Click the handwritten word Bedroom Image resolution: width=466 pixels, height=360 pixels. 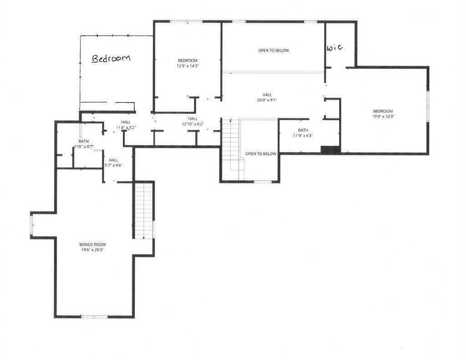point(111,58)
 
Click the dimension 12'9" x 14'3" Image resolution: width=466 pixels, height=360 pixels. point(187,66)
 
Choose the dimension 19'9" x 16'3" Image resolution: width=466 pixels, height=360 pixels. point(383,117)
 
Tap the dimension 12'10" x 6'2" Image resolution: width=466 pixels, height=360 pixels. point(193,124)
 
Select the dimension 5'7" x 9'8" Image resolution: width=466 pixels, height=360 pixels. point(113,166)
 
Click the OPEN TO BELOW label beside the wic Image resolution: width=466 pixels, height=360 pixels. point(273,51)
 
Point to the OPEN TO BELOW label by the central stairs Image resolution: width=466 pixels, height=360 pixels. point(261,154)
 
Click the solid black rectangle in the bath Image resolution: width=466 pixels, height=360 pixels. point(330,149)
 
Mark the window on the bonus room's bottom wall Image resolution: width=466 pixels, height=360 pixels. point(94,316)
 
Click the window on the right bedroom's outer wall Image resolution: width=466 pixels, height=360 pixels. point(427,106)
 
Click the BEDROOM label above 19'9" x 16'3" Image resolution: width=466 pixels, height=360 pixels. point(383,111)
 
